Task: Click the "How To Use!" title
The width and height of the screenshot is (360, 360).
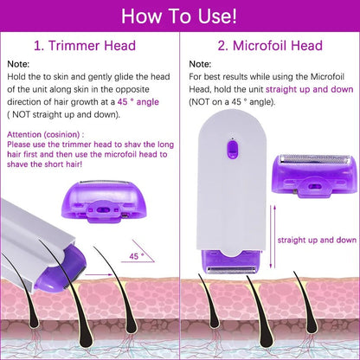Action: click(x=180, y=16)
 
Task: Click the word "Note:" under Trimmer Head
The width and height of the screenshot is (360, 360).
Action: click(x=18, y=65)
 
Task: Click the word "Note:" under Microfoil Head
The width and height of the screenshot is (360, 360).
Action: click(x=200, y=65)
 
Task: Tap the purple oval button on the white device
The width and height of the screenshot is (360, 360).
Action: click(x=230, y=151)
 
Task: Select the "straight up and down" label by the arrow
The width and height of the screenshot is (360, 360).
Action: click(x=317, y=240)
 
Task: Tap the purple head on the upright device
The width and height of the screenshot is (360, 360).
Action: click(x=229, y=265)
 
